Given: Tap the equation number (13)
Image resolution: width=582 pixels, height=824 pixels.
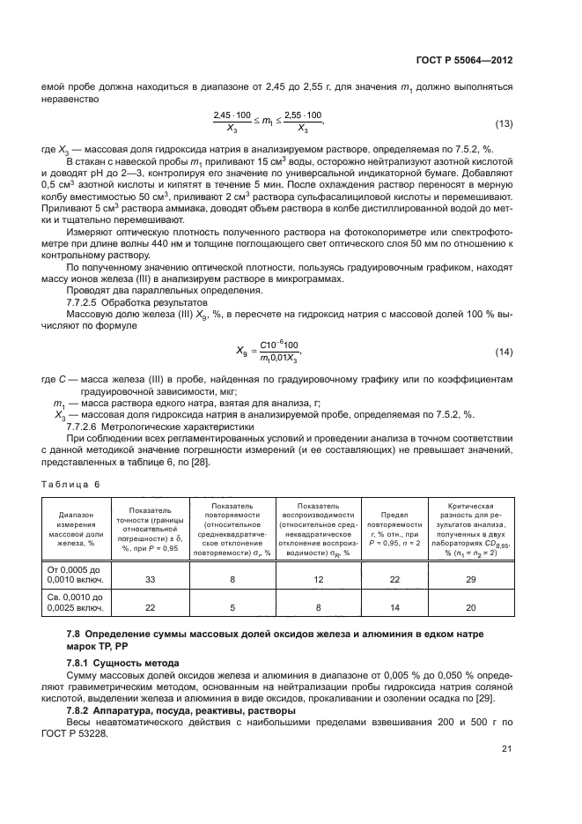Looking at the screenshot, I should coord(504,122).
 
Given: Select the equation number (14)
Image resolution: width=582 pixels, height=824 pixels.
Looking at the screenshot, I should coord(504,327).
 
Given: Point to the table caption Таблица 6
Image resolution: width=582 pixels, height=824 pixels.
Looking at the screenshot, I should coord(71,484).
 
